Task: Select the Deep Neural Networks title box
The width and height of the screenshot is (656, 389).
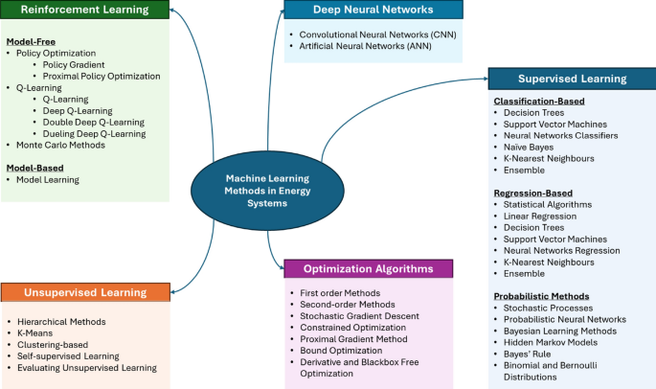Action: pyautogui.click(x=373, y=11)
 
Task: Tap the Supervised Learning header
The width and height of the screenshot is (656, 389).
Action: pyautogui.click(x=571, y=79)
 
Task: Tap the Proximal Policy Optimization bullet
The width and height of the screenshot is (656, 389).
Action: pyautogui.click(x=101, y=76)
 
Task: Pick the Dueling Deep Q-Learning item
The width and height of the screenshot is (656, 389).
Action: pyautogui.click(x=94, y=133)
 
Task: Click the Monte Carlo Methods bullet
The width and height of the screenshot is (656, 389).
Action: pyautogui.click(x=61, y=145)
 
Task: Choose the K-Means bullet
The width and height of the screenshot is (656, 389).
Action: pyautogui.click(x=39, y=333)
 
